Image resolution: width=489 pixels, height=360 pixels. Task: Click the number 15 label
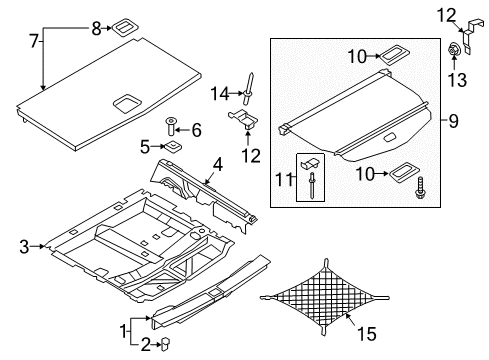coord(366,334)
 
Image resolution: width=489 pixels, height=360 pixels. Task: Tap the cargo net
coord(325,297)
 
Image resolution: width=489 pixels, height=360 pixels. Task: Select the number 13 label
coord(457,80)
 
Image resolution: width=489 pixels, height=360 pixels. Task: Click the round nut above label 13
coord(453,51)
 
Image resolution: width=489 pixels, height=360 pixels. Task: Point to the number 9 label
coord(453,121)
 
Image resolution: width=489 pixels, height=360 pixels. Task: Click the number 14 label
coord(220,94)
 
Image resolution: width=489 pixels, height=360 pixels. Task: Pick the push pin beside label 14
coord(248,88)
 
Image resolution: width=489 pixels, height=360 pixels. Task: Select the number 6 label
coord(197,130)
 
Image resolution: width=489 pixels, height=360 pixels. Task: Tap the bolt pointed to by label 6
coord(171,127)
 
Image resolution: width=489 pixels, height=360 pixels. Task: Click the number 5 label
coord(145,147)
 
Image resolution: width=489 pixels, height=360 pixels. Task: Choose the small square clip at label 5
coord(172,146)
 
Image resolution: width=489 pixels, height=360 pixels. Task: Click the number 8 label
coord(96,29)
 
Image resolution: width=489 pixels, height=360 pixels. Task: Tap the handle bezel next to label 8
coord(123,27)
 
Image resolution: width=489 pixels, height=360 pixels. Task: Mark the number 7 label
coord(34,42)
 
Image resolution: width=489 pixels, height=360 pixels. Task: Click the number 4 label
coord(217,165)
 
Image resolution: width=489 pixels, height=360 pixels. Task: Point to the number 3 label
coord(24,247)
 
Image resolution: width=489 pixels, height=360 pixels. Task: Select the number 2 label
coord(145,345)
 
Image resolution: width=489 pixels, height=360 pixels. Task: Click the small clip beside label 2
coord(166,343)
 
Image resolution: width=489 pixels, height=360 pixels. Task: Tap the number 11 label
coord(284,180)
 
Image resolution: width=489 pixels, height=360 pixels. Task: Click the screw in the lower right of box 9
coord(419,188)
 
